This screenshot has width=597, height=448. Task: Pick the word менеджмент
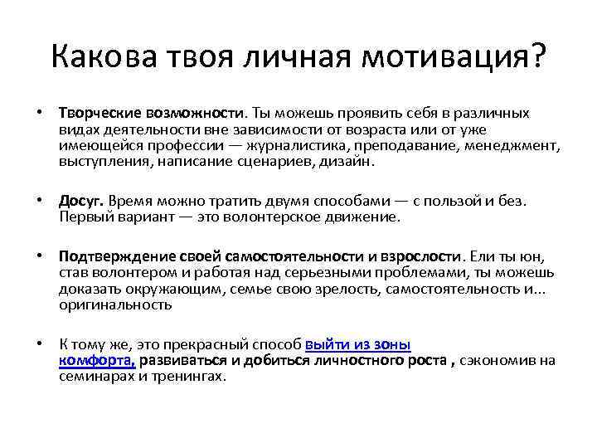(521, 145)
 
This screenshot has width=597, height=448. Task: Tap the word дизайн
(352, 162)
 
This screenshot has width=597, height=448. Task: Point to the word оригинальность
(115, 305)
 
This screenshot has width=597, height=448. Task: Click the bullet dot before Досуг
(39, 201)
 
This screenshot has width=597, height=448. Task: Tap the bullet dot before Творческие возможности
(39, 112)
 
